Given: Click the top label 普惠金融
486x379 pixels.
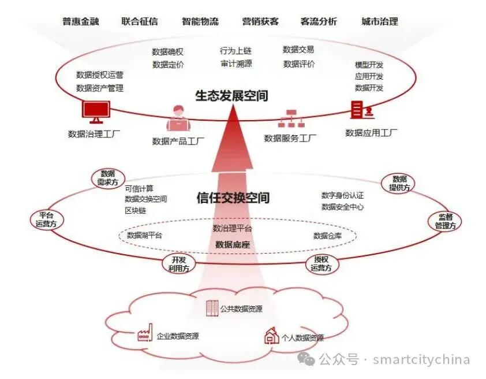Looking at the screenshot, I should (x=81, y=22).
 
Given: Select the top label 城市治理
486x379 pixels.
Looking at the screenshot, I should (x=379, y=22).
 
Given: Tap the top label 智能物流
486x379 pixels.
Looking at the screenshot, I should (x=200, y=22).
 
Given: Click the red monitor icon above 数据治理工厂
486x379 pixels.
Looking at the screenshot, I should (x=96, y=112).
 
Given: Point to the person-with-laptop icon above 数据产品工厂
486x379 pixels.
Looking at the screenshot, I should (x=178, y=118).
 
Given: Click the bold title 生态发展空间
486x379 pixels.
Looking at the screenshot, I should (x=231, y=95).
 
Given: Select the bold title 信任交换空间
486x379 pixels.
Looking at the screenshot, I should (x=233, y=198).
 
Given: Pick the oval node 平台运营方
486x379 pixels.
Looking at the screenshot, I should (x=47, y=220).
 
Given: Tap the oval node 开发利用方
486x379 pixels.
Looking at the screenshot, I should (x=178, y=263).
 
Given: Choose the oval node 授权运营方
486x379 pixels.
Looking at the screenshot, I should (x=321, y=263).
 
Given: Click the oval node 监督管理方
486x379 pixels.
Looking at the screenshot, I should (x=445, y=221).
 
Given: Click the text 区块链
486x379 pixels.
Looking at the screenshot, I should (x=136, y=210).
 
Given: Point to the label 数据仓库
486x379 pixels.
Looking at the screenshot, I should (x=327, y=236).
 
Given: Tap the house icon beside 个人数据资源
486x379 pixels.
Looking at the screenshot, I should (x=271, y=335).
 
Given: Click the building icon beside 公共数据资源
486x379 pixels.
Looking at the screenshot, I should (x=212, y=309).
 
